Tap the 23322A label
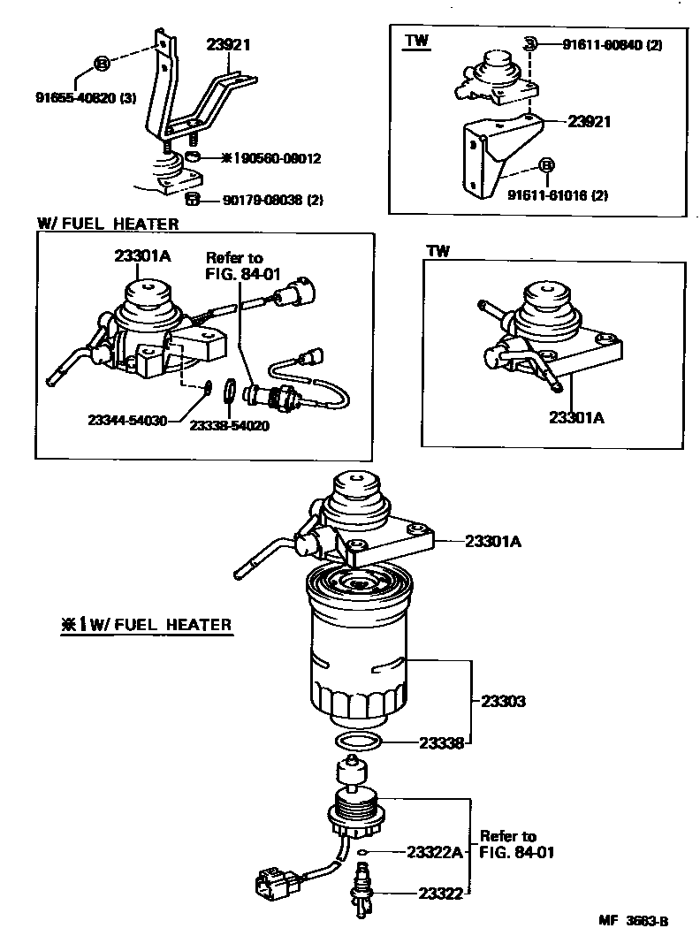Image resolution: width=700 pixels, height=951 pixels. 435,852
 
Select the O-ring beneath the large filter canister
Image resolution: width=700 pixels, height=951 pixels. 360,741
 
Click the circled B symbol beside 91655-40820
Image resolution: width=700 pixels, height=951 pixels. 102,64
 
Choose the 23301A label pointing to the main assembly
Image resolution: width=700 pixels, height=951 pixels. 492,542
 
